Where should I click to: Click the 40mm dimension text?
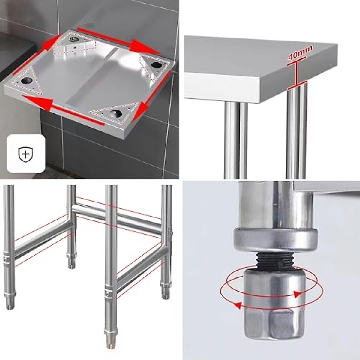pos(300,53)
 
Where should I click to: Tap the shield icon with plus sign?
pos(26,154)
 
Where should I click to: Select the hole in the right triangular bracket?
pos(156,64)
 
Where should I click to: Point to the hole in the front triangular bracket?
pos(115,113)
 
